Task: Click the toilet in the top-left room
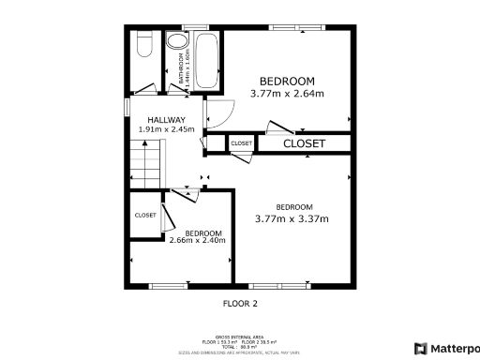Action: (x=143, y=44)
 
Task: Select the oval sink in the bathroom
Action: (x=176, y=41)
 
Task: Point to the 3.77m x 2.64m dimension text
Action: (x=287, y=94)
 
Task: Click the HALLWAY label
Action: (x=165, y=120)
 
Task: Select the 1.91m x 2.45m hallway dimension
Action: (x=166, y=129)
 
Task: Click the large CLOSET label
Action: (x=304, y=143)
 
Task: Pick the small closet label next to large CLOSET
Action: (x=241, y=143)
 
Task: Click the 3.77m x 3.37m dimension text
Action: (x=292, y=218)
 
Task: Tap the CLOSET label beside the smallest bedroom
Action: (x=145, y=215)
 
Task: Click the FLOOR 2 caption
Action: (x=239, y=303)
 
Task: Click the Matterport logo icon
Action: (x=420, y=348)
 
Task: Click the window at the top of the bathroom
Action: (x=195, y=26)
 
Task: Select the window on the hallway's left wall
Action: (x=127, y=107)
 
